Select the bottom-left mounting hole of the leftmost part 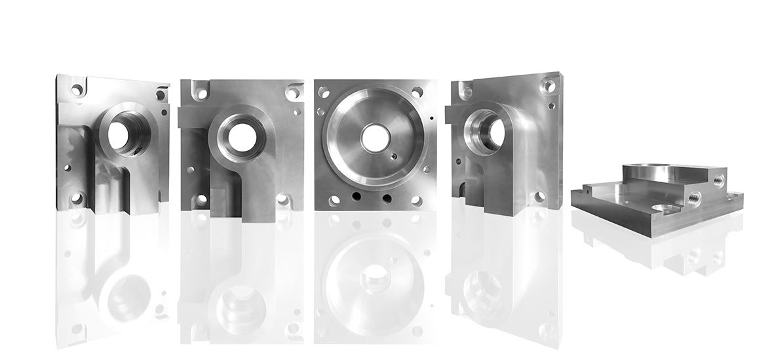coord(77,197)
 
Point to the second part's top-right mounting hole coord(292,93)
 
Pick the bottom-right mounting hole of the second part coord(284,197)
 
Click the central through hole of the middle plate coord(375,138)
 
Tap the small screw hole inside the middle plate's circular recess coord(391,156)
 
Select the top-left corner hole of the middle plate coord(324,92)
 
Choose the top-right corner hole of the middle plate coord(417,92)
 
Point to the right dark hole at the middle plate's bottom coord(387,197)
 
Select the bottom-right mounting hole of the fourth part coord(539,196)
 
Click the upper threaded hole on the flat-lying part coord(719,178)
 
